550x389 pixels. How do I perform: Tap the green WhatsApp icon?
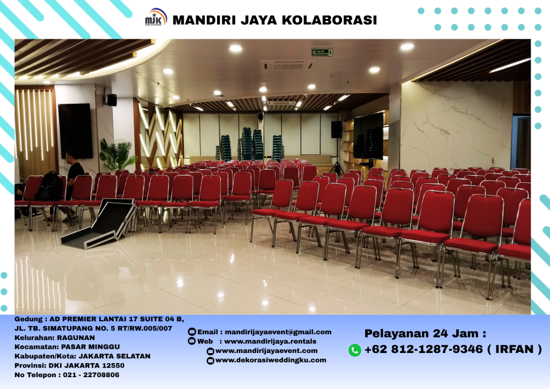(354, 350)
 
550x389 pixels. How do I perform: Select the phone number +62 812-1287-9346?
(423, 350)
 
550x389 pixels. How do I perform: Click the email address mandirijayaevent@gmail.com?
(278, 332)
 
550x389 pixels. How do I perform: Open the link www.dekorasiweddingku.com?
(271, 360)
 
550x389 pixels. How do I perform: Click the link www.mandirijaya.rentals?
(270, 341)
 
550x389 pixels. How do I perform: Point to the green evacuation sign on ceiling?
(322, 53)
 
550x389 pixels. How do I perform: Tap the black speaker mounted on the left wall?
(111, 99)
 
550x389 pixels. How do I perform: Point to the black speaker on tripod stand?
(337, 130)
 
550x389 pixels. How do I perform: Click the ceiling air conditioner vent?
(286, 66)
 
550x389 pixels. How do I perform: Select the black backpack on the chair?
(50, 188)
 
